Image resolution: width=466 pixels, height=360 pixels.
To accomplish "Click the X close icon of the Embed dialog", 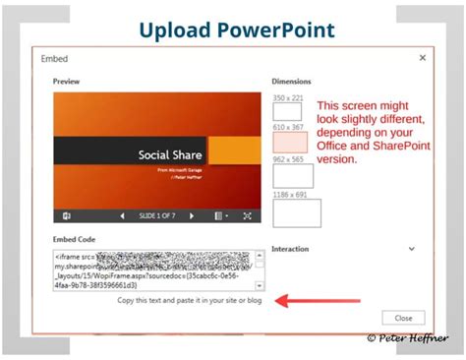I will (x=422, y=58).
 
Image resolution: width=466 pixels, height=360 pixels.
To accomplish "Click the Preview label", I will (x=68, y=82).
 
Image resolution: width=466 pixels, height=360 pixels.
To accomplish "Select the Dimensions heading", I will (x=291, y=82).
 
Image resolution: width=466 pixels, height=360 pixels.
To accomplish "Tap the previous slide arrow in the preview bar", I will (x=122, y=215).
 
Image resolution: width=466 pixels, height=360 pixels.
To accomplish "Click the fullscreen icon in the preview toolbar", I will (x=247, y=215).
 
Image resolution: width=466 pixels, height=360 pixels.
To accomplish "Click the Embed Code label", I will (x=75, y=240).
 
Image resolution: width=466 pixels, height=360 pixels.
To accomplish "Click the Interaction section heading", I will (x=290, y=250).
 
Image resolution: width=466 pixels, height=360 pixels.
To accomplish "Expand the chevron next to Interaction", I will (x=413, y=250).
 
